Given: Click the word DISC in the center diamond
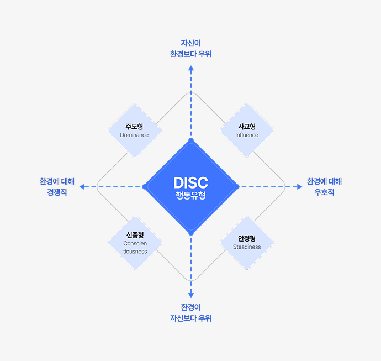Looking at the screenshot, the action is pos(190,182).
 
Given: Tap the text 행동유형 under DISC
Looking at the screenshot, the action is pos(190,195).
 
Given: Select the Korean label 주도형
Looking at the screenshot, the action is pos(134,127).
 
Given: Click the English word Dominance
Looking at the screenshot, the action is pos(134,135).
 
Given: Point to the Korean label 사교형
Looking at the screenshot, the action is pos(247,127).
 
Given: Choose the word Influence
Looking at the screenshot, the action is pos(247,135).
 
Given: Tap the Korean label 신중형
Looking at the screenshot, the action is pos(135,235).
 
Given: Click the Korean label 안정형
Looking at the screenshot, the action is pos(247,239).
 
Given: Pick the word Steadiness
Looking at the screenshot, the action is pos(247,247).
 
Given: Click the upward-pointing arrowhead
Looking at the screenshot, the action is pos(191,68).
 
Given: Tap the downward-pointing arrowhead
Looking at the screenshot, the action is pos(191,295).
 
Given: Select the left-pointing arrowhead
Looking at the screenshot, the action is pos(82,187).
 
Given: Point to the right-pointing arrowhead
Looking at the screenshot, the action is pos(299,187).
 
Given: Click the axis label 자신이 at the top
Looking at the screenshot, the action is pos(191,43).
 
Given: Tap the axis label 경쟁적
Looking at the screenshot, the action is pos(57,192).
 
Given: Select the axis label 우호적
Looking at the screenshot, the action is pos(324,192).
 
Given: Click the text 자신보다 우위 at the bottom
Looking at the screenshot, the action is pos(191,318).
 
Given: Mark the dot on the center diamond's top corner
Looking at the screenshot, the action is pos(191,140).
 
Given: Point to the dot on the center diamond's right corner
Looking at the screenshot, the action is pos(237,187).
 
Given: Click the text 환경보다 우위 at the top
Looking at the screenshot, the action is pos(191,54).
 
